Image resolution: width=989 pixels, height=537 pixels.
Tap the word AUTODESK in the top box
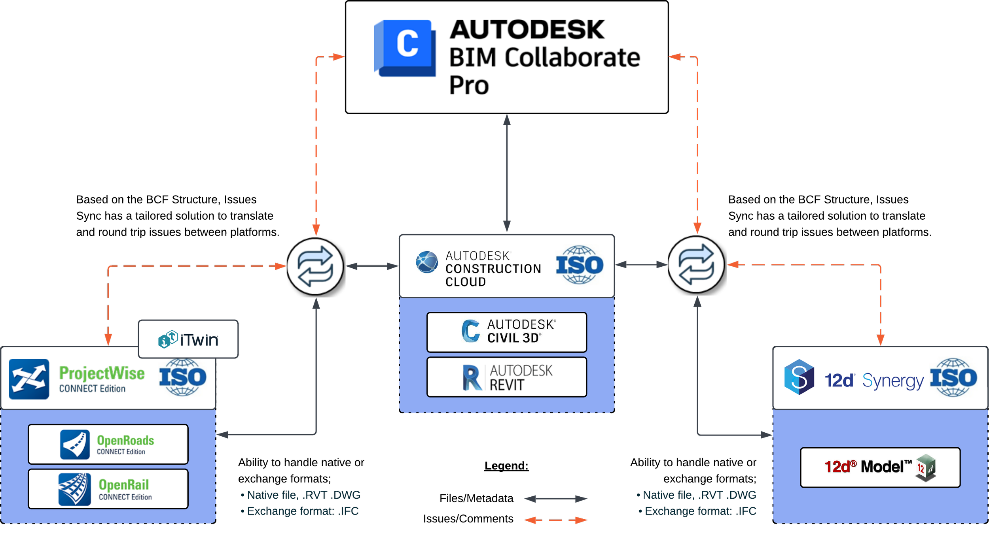(527, 30)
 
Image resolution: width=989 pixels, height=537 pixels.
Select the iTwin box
(188, 339)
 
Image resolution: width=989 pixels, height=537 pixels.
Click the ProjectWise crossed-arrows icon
(29, 379)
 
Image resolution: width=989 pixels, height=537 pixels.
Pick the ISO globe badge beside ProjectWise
(182, 377)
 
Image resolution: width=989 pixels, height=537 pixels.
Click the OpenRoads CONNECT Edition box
(108, 444)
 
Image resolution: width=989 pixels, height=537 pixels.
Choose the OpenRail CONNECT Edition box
(108, 489)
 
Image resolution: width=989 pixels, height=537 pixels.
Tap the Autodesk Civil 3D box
(507, 332)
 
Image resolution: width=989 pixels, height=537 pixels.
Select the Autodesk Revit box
(507, 377)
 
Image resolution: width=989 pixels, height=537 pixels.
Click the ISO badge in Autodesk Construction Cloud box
(580, 265)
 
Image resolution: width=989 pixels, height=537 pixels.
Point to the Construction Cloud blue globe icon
(427, 262)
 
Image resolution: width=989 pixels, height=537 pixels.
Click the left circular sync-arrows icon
(315, 266)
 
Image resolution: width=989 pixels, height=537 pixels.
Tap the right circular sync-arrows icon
(696, 265)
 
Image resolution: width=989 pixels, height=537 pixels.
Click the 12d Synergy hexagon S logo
(799, 377)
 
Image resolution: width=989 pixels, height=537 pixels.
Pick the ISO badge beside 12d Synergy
(953, 377)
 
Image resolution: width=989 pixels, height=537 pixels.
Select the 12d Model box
(880, 467)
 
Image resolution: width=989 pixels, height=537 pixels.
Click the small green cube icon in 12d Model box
(926, 468)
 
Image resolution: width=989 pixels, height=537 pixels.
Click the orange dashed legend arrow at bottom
(555, 520)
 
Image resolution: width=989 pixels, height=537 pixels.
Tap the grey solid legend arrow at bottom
(555, 499)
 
